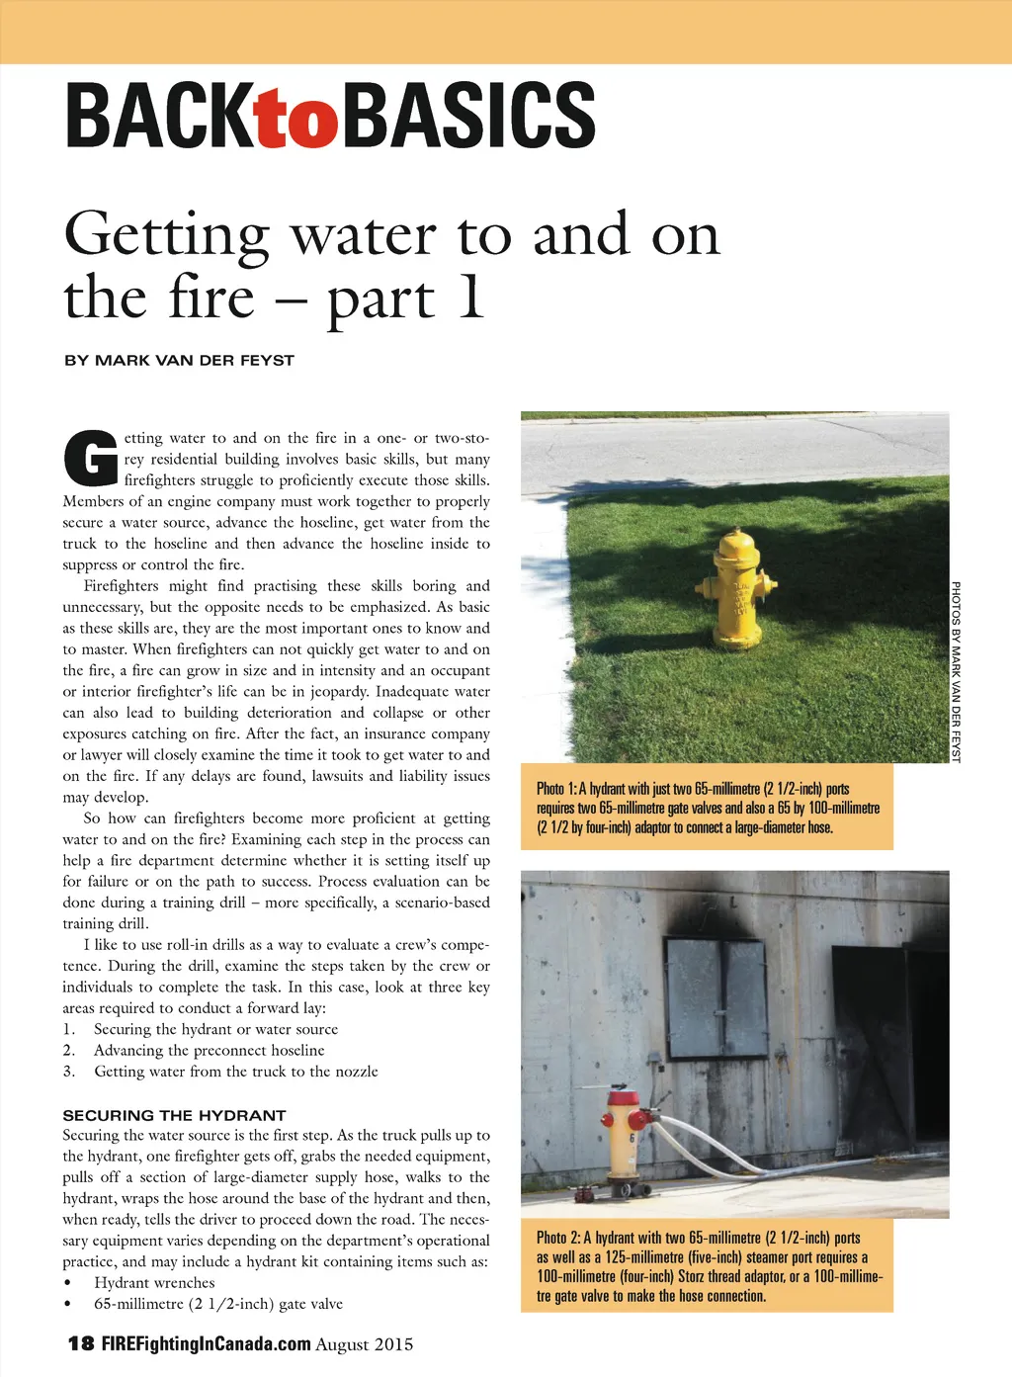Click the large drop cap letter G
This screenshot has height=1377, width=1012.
(x=90, y=459)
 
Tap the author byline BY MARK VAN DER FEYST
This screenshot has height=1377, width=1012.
(x=179, y=360)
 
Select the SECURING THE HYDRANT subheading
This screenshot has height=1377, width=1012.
(x=174, y=1114)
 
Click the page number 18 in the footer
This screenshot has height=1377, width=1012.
(x=81, y=1343)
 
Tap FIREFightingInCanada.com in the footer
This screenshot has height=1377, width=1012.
(x=207, y=1343)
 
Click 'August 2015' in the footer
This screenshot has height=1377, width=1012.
(x=365, y=1343)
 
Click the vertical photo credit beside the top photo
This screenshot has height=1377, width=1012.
(x=956, y=671)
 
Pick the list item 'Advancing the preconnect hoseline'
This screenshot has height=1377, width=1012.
(x=209, y=1050)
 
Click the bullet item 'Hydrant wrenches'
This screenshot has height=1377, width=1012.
(x=154, y=1282)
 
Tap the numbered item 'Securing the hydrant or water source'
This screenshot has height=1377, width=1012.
(x=215, y=1029)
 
